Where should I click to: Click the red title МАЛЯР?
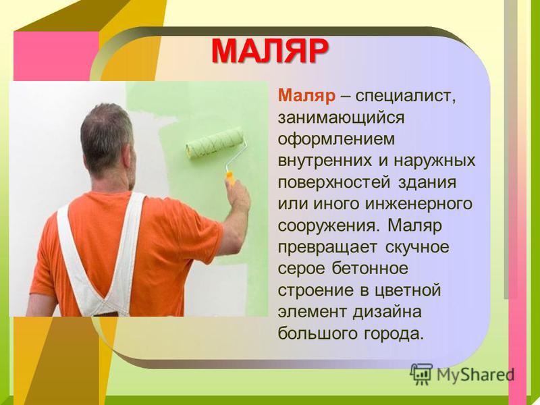coord(269,51)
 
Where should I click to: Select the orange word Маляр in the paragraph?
coord(306,95)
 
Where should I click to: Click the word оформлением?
coord(336,140)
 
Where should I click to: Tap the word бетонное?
coord(369,268)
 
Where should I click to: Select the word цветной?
coord(406,291)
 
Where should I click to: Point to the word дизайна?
coord(387,313)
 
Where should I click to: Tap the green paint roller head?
coord(215,142)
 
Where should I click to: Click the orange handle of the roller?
coord(230,178)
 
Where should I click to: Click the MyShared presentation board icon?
coord(421,374)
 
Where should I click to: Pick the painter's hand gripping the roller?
coord(238,196)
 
